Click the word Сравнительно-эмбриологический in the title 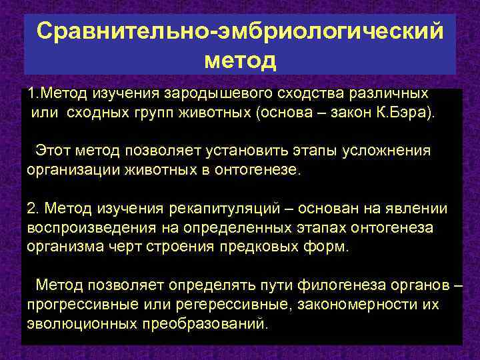point(240,31)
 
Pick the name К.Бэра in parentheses point(407,112)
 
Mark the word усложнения point(388,151)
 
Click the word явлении point(421,208)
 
